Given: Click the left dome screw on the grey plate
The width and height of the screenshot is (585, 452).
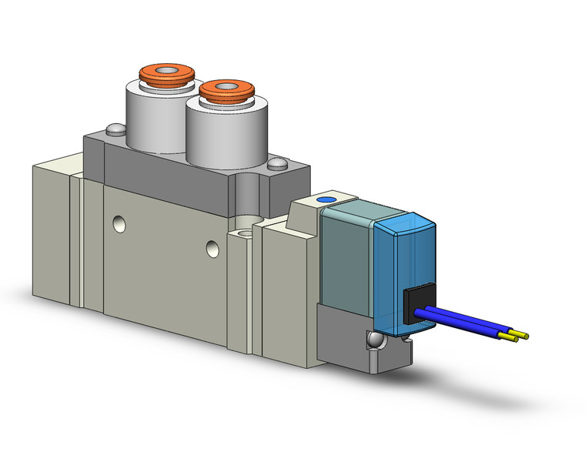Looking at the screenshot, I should pos(115,130).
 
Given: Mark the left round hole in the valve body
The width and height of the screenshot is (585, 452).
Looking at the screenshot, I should pos(118,224).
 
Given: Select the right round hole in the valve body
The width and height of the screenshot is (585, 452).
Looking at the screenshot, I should pos(213,248).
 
